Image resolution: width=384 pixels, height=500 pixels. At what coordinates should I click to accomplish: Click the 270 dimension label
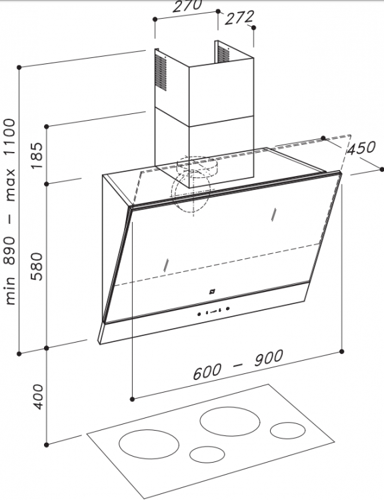click(x=187, y=5)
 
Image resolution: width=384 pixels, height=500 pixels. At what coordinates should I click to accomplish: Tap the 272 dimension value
click(x=239, y=17)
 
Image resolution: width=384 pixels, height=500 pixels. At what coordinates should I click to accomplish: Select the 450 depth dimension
click(x=361, y=148)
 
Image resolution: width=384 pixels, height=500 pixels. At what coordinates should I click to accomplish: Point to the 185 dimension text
click(x=37, y=155)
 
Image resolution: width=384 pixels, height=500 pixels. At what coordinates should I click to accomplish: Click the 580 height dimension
click(x=37, y=266)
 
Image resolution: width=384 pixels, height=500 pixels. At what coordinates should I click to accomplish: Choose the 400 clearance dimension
click(x=37, y=397)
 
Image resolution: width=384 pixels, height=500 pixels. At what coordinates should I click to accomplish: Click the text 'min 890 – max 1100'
click(x=10, y=211)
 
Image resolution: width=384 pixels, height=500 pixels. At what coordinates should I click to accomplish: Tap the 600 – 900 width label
click(x=238, y=365)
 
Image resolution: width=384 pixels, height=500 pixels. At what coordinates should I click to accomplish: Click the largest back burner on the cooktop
click(x=230, y=421)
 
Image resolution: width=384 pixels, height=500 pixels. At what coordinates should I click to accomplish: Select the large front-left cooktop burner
click(x=149, y=444)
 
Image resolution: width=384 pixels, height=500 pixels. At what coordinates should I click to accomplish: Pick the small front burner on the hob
click(x=207, y=454)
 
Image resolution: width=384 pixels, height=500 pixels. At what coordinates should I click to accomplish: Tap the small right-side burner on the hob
click(x=288, y=431)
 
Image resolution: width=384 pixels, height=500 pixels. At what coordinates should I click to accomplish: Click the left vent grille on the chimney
click(x=161, y=72)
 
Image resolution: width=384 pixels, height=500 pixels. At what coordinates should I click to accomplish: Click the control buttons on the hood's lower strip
click(x=213, y=311)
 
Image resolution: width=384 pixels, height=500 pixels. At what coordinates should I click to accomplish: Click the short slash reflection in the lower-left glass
click(x=165, y=265)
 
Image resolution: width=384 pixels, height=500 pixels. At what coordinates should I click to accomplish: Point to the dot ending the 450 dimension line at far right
click(x=382, y=169)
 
